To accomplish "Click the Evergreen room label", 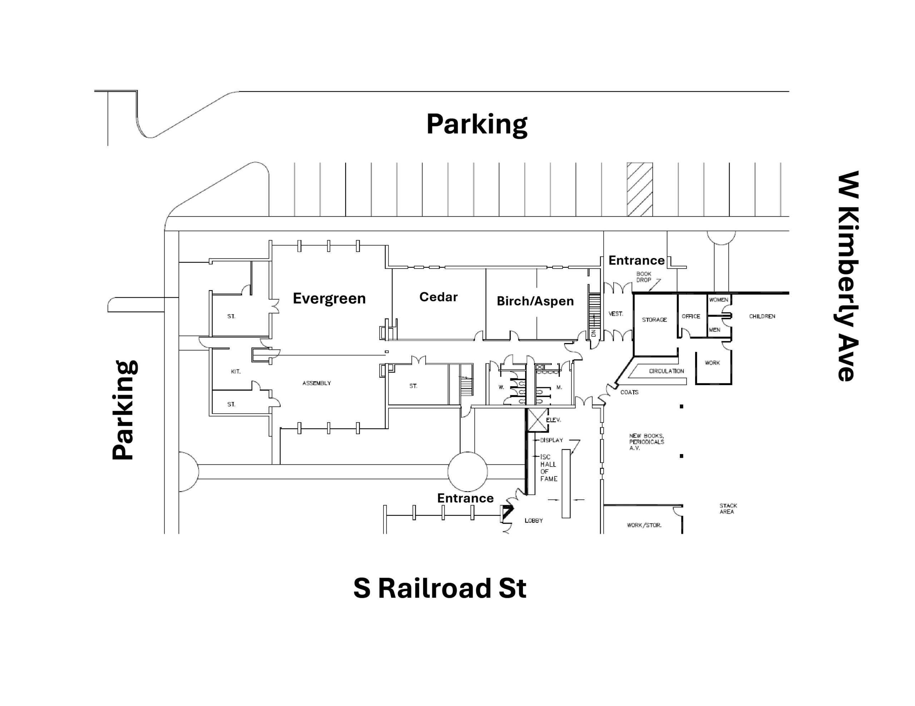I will click(329, 298).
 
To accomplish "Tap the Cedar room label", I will click(438, 297).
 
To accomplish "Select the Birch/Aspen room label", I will click(535, 301).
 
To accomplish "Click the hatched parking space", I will click(639, 189).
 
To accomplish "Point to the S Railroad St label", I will click(440, 588).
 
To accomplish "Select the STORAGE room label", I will click(654, 320).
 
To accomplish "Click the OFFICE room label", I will click(691, 316).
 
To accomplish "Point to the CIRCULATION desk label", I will click(666, 371).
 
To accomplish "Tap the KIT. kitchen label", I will click(236, 372).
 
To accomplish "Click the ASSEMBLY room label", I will click(316, 383).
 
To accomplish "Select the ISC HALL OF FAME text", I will click(548, 468).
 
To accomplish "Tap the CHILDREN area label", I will click(762, 316).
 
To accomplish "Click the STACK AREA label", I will click(728, 509).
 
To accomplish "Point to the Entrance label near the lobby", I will click(465, 498).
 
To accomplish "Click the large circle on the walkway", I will click(467, 471).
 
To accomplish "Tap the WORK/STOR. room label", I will click(644, 525).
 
